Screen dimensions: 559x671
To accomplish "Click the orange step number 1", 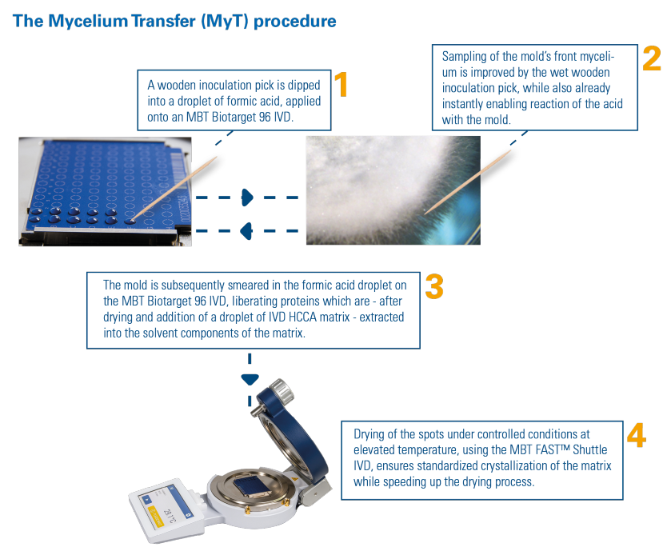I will click(341, 85).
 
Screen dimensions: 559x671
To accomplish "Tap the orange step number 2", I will click(651, 59).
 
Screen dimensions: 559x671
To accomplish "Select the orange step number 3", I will click(433, 286).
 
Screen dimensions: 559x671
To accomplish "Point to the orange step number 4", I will click(636, 435).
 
